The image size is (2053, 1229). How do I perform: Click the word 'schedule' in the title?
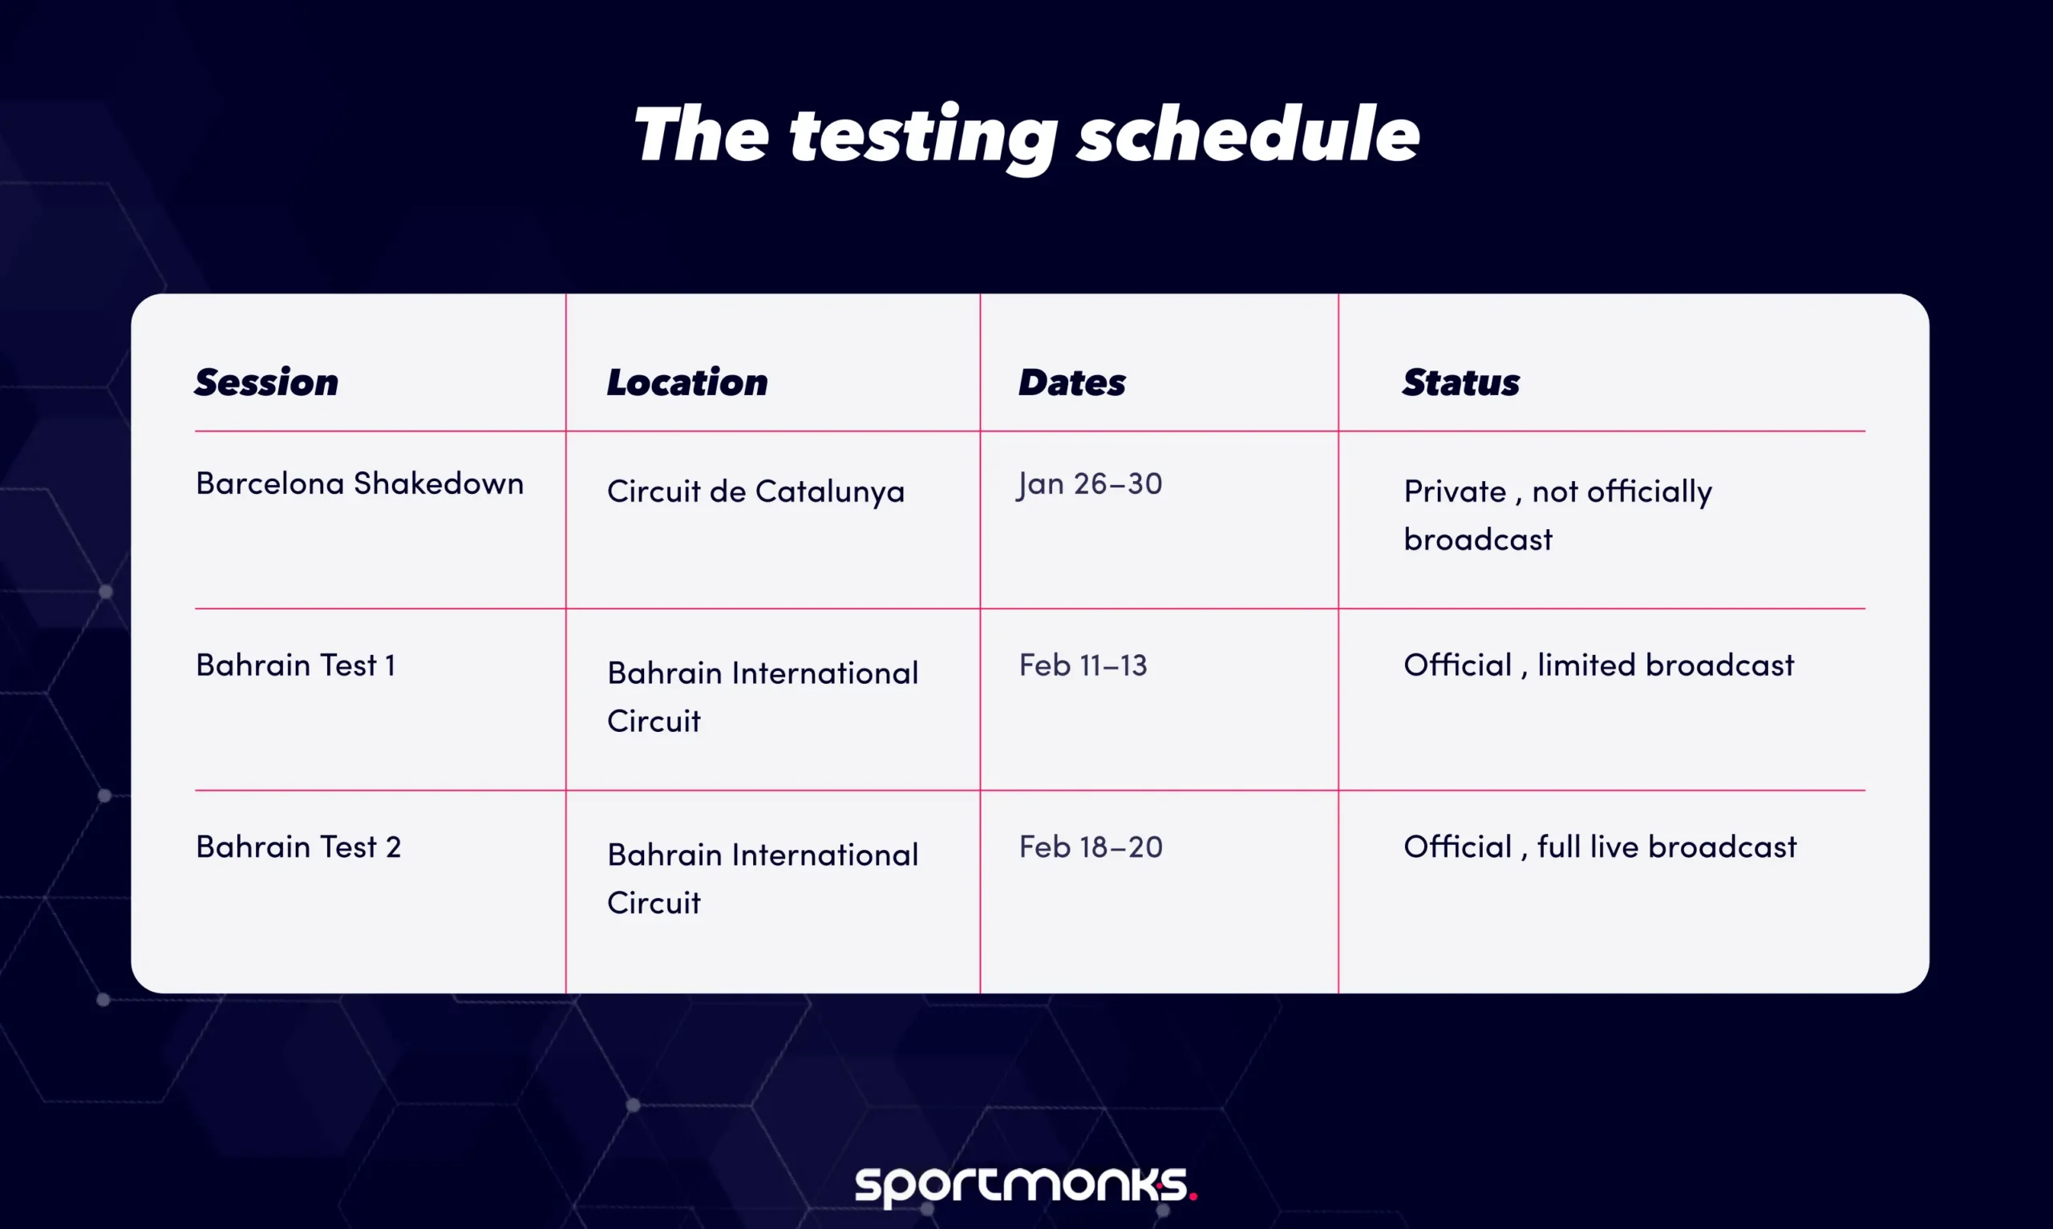click(1248, 135)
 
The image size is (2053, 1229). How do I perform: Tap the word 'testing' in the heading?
click(922, 137)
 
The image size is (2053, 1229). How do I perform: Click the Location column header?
click(686, 382)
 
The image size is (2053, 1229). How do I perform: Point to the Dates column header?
click(1071, 382)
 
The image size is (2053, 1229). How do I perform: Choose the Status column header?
click(1461, 382)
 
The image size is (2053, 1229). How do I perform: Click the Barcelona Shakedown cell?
click(359, 483)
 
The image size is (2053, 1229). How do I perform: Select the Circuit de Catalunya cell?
click(755, 491)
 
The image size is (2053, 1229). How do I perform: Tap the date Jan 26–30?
click(1090, 483)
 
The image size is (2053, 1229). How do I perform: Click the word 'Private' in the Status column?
click(1454, 491)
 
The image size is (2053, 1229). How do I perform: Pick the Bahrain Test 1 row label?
click(296, 664)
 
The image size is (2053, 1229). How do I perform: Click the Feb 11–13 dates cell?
click(1083, 664)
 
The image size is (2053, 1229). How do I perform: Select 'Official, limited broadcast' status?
click(1598, 664)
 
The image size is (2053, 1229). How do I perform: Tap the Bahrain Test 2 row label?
click(298, 847)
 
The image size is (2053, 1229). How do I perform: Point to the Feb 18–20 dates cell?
click(1091, 847)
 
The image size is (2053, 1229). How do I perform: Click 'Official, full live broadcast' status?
click(1600, 847)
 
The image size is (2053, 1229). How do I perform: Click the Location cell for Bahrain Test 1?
click(762, 696)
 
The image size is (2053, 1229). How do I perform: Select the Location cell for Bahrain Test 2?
click(762, 878)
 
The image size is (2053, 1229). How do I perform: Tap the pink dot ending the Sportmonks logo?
click(1193, 1196)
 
